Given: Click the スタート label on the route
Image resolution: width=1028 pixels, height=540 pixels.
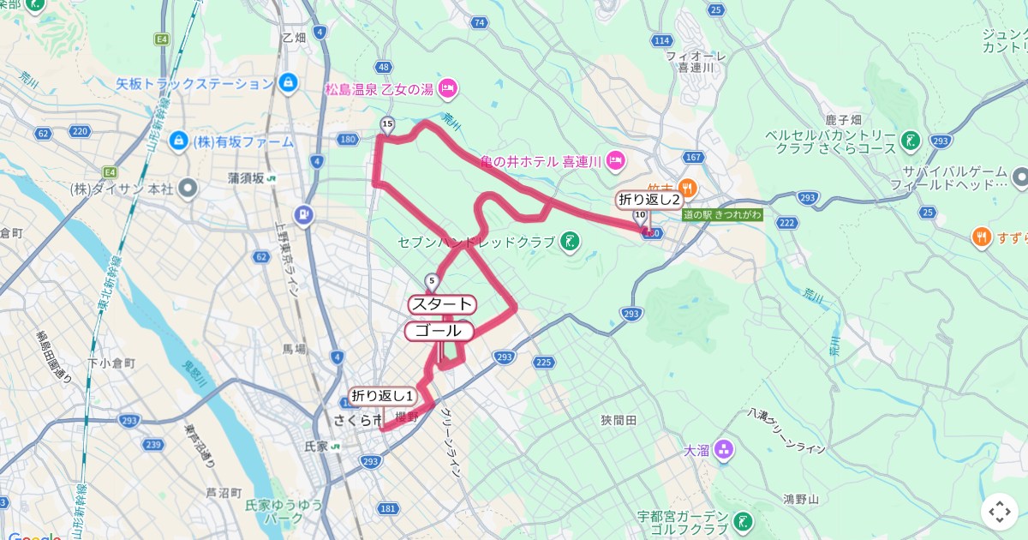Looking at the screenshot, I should pos(441,304).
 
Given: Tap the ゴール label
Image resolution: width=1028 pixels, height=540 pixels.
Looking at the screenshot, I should pos(439,331).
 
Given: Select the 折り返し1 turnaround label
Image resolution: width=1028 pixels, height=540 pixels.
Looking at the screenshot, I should pos(383,396).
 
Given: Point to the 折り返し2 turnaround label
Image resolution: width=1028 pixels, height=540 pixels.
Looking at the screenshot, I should pos(649,200).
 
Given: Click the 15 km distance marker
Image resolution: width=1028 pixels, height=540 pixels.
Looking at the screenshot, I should pos(387,125).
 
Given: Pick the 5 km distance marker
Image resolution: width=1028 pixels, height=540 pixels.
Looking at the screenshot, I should pos(432,280).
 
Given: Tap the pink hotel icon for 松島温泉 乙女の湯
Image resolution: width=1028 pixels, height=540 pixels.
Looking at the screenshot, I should pos(447,87).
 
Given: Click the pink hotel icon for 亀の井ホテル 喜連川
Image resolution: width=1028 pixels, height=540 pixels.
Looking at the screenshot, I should pos(614,160).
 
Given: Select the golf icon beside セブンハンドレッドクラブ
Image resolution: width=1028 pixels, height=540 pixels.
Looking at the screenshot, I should pos(568,243).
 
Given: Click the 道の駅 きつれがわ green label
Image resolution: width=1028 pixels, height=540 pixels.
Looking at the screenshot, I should pos(722,214).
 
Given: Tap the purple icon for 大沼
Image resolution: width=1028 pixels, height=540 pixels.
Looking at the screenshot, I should pos(724,449).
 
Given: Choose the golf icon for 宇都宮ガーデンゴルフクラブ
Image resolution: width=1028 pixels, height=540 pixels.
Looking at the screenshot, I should pos(744,519).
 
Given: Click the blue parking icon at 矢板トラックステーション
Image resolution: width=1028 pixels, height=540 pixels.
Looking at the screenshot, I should pos(288,83).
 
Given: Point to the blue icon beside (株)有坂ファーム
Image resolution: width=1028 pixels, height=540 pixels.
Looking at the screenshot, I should pos(178,140).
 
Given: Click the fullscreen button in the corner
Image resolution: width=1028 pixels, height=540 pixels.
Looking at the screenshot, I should pos(1000,512).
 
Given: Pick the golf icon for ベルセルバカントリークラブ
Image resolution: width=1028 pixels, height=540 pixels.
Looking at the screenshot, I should pos(911,141).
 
